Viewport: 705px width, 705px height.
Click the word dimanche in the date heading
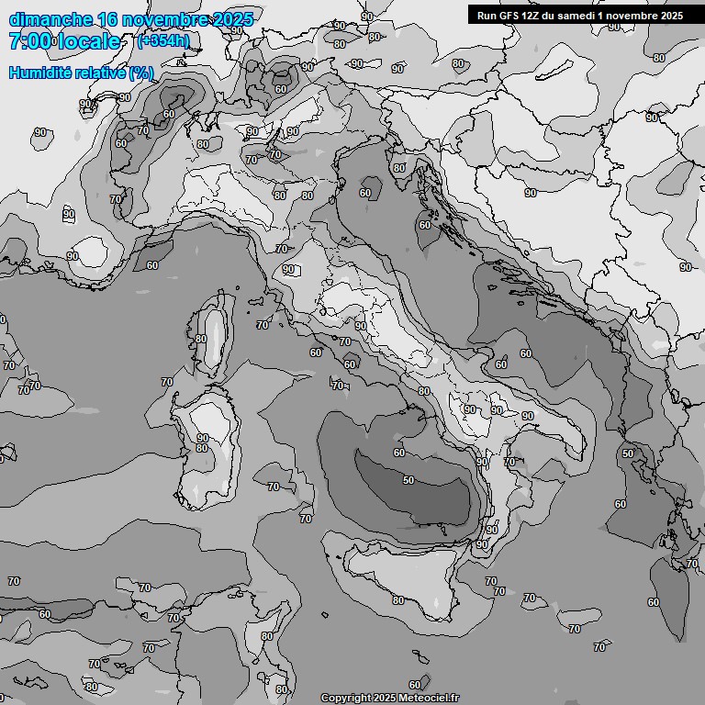50,19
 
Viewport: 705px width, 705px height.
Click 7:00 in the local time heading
28,41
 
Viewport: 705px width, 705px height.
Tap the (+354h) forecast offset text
163,41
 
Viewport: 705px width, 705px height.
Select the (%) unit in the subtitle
140,72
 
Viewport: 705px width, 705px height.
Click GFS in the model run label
512,15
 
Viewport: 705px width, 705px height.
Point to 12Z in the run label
534,15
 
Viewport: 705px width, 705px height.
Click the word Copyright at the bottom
346,698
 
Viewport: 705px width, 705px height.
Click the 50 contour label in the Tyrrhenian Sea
408,480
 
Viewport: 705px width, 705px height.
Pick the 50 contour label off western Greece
628,453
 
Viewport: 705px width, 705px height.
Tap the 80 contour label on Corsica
201,339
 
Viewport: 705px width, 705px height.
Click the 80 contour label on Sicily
397,600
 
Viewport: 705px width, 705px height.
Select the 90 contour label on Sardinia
202,438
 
